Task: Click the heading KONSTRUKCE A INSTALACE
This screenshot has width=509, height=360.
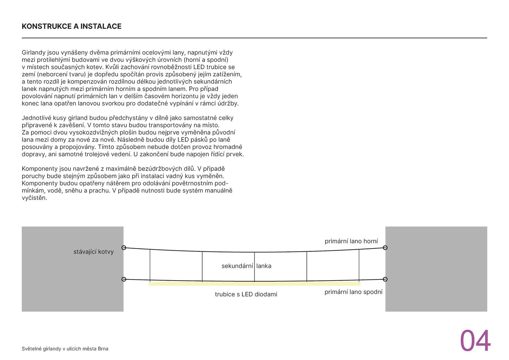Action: coord(71,26)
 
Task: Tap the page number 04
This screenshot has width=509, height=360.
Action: coord(475,341)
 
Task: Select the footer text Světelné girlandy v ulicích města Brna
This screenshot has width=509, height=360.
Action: coord(65,349)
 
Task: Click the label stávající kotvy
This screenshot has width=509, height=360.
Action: coord(94,252)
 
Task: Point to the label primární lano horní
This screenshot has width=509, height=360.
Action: coord(351,241)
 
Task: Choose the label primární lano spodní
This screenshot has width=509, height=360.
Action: coord(353,292)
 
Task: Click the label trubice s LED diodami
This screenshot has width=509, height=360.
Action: coord(246,294)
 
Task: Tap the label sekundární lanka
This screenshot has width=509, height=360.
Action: coord(246,266)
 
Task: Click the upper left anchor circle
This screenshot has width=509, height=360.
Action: coord(124,247)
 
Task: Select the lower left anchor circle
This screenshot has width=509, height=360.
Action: coord(124,279)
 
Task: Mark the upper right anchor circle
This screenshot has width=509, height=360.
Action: coord(385,247)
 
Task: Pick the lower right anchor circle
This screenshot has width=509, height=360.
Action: coord(385,279)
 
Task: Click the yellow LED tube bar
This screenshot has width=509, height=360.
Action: coord(254,284)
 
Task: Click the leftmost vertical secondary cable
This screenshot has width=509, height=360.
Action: coord(150,265)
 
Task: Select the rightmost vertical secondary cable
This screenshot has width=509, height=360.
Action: coord(359,265)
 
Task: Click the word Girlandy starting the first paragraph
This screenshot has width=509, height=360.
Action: coord(34,53)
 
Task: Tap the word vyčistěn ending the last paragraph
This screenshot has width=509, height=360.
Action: coord(34,198)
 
